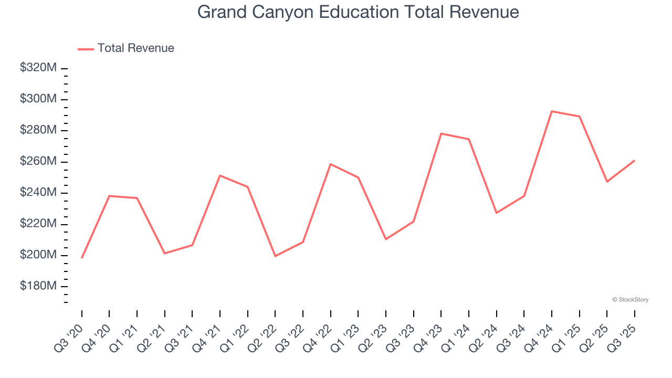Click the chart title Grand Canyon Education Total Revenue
tap(358, 12)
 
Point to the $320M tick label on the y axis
tap(38, 68)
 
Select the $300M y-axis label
tap(38, 99)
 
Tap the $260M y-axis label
tap(38, 161)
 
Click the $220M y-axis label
tap(38, 224)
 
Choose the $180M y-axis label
tap(38, 286)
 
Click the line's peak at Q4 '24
tap(552, 111)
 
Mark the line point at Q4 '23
tap(441, 134)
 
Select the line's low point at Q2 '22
tap(275, 256)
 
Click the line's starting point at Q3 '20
tap(82, 258)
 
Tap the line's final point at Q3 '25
tap(635, 161)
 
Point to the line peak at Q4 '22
tap(331, 164)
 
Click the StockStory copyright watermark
tap(630, 300)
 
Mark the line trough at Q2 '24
tap(497, 213)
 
